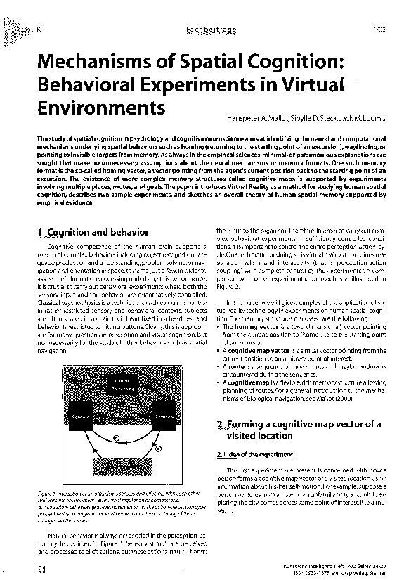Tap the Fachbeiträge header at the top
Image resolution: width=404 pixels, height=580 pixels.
[x=204, y=29]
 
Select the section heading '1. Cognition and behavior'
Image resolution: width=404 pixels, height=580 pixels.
[x=91, y=232]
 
